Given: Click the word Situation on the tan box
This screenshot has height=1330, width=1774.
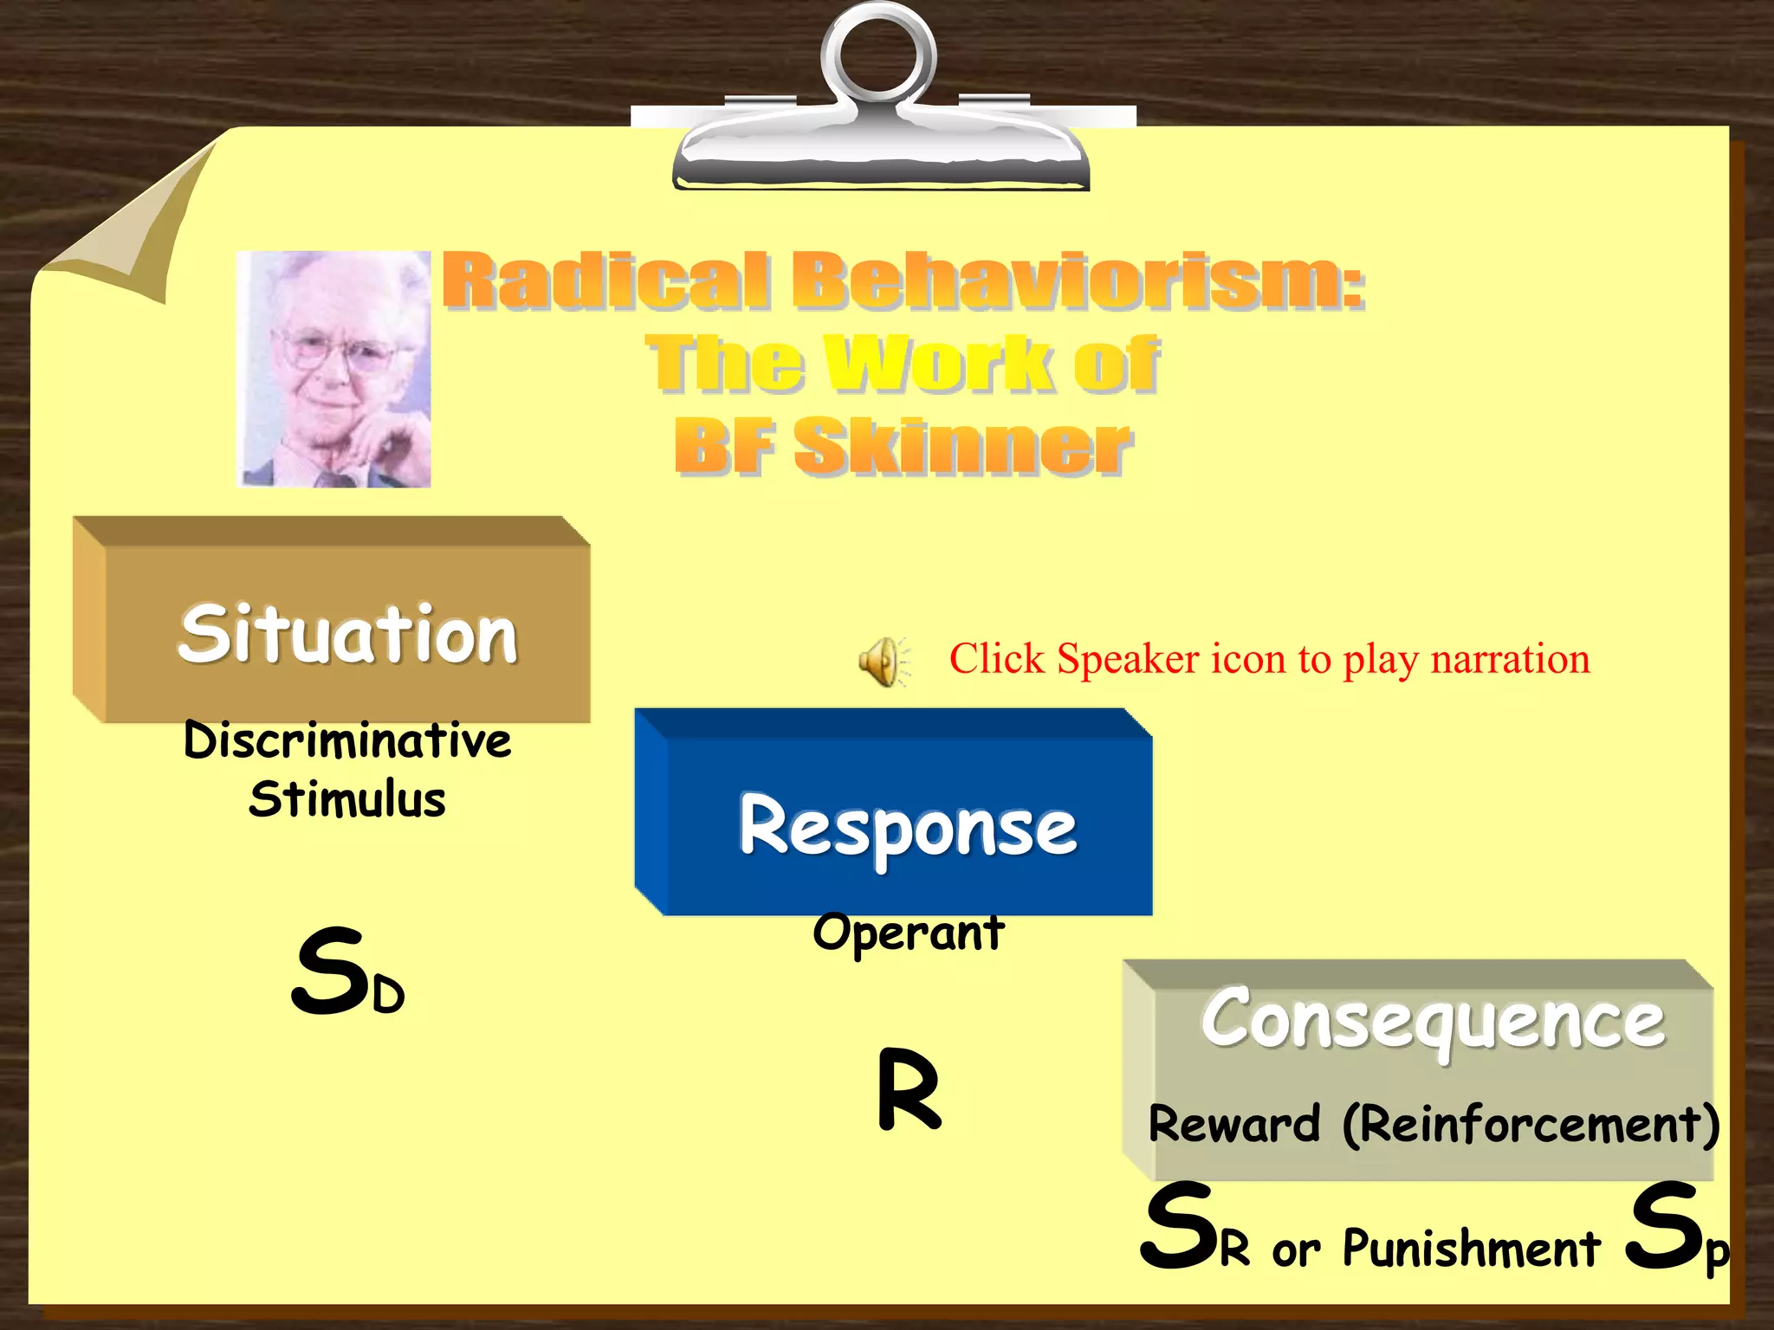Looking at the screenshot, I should click(x=347, y=635).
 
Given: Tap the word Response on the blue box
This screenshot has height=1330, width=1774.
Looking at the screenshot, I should click(x=908, y=827).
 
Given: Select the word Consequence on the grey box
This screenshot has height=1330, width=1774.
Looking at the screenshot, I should click(x=1433, y=1020).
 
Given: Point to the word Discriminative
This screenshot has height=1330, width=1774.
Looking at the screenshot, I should click(x=347, y=741).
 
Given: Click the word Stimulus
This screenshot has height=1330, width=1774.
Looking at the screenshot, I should click(x=347, y=799).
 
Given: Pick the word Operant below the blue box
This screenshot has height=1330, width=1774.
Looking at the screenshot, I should click(x=908, y=933).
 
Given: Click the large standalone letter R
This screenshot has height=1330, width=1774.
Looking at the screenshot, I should click(x=908, y=1089).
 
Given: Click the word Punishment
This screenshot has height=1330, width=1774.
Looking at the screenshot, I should click(x=1471, y=1249).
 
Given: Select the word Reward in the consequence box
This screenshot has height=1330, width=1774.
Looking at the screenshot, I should click(x=1233, y=1124).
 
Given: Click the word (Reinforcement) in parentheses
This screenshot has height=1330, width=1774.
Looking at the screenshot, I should click(x=1531, y=1124).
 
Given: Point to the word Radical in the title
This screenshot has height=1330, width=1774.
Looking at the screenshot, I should click(x=605, y=281).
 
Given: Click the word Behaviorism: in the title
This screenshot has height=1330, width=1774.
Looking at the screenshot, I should click(x=1078, y=281).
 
